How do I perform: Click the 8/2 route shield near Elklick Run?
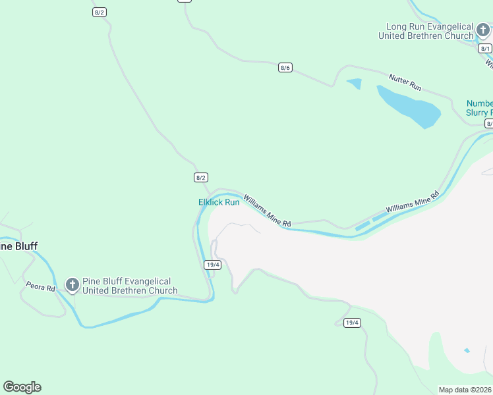[201, 177]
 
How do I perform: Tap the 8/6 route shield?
[285, 67]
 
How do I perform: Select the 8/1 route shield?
[485, 49]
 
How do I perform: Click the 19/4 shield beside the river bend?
[212, 265]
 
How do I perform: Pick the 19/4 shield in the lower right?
[352, 322]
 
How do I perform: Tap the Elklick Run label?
[219, 202]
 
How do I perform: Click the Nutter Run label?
[405, 82]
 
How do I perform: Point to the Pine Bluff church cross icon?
[72, 285]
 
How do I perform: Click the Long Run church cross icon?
[483, 30]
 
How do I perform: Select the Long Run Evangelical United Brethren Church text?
[426, 31]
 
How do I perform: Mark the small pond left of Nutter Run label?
[355, 84]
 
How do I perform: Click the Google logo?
[22, 387]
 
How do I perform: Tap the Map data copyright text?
[465, 390]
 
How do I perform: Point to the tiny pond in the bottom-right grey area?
[467, 350]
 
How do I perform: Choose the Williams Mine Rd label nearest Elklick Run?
[267, 211]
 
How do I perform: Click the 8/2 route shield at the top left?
[99, 13]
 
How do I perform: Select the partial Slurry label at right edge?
[479, 113]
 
